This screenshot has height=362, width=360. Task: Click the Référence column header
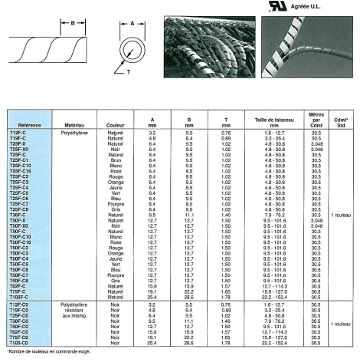pos(31,122)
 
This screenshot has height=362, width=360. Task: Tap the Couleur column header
pos(116,122)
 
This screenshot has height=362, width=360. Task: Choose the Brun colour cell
pos(116,159)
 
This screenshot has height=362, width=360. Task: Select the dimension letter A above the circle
pos(132,25)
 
